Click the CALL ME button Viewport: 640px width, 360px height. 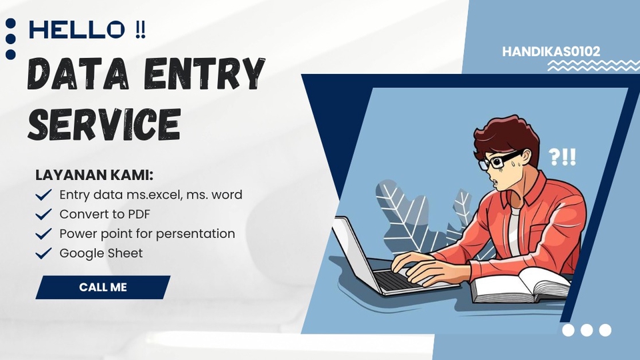pos(103,287)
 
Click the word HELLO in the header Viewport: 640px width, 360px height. pos(77,29)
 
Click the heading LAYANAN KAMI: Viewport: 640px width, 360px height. pos(94,175)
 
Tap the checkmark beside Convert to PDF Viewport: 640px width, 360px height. pos(44,215)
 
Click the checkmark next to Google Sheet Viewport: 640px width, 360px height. pos(44,253)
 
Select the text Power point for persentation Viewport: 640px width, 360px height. pos(147,234)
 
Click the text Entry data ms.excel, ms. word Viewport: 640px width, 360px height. pos(151,195)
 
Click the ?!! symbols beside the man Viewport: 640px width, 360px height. pos(562,157)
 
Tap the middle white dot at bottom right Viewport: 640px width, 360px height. pos(587,330)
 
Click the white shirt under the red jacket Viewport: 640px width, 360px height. pos(515,230)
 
